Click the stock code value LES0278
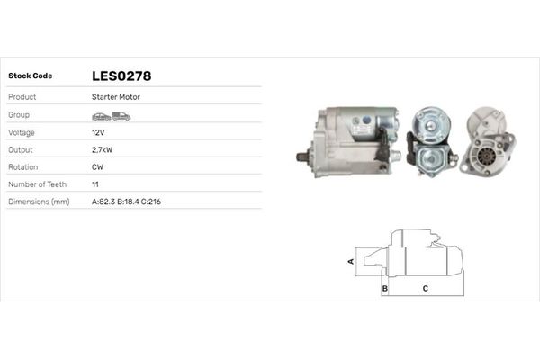pos(121,76)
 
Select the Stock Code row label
pos(30,76)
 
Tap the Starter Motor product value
pos(116,97)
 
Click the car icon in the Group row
pos(100,116)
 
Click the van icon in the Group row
pos(121,116)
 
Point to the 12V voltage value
pos(98,132)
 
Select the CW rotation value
pos(98,167)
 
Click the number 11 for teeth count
pos(95,184)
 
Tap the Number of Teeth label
pos(37,184)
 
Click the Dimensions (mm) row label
pos(39,202)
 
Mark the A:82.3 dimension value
pos(106,202)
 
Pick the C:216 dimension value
pos(150,202)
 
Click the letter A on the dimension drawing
pos(351,261)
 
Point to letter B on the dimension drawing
pos(384,288)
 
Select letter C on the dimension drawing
pos(425,288)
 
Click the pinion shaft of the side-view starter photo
pos(303,157)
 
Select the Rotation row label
pos(22,167)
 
